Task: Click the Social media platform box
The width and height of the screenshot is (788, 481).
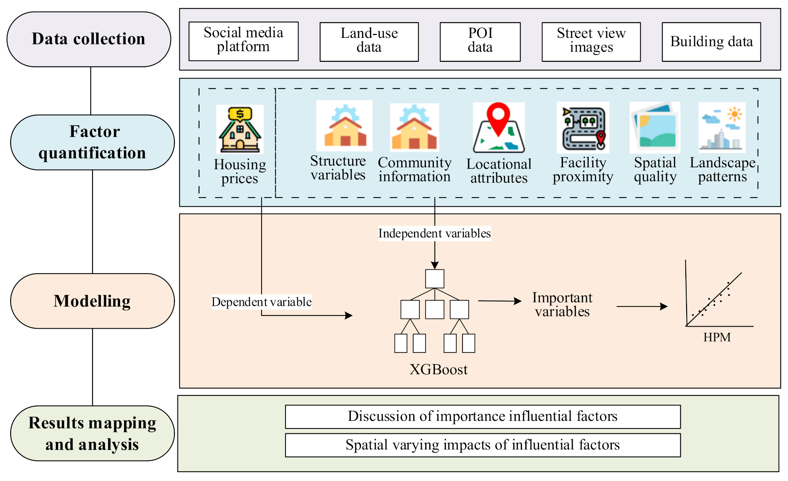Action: point(243,41)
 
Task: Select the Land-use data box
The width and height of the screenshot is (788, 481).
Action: point(369,41)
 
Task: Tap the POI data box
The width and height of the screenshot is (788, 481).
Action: point(480,41)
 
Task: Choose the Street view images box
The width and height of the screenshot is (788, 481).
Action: point(591,41)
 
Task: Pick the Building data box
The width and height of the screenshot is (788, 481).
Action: point(711,41)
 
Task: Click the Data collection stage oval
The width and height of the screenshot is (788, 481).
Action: point(88,39)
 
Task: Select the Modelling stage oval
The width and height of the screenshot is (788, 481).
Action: point(92,301)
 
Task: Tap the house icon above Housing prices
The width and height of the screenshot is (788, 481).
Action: point(240,129)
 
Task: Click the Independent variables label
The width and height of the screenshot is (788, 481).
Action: point(434,233)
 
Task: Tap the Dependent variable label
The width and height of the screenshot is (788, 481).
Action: point(261,302)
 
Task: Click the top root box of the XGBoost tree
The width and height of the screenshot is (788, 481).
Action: point(434,279)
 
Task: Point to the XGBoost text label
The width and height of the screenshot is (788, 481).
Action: point(438,369)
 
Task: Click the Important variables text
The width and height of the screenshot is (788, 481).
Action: point(562,304)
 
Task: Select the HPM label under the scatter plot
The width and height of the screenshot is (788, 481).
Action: point(716,337)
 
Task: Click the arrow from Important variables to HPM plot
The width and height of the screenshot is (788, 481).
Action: point(641,306)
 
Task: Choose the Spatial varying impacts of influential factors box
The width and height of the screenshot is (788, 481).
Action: point(482,445)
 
